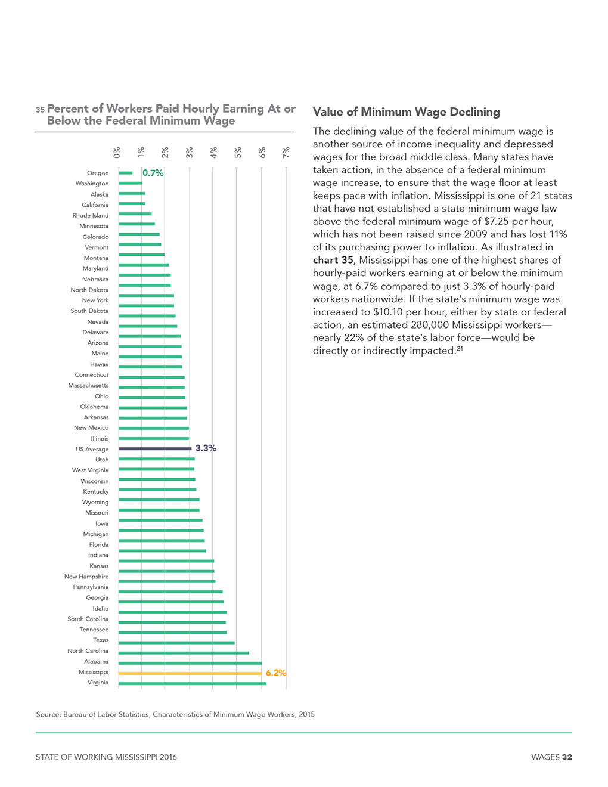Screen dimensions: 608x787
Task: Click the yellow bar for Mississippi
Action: (190, 673)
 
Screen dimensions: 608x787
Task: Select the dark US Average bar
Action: (155, 449)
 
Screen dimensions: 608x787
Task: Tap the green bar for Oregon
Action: (126, 173)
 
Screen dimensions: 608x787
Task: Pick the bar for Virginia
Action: (193, 684)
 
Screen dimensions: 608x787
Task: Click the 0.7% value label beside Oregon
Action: (153, 173)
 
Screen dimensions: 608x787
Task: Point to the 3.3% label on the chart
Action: (206, 448)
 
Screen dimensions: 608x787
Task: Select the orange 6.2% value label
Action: (276, 673)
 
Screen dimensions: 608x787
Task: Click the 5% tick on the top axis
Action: (238, 153)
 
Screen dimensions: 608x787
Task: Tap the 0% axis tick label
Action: (116, 153)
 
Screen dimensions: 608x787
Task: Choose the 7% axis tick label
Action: (286, 153)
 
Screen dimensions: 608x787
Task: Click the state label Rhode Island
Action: (90, 215)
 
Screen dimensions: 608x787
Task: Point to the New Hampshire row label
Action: (86, 577)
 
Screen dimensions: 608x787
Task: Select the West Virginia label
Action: (90, 470)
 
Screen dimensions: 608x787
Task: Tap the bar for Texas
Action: (176, 643)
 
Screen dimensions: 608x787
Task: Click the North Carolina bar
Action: (184, 653)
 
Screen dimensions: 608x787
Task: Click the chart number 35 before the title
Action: (40, 109)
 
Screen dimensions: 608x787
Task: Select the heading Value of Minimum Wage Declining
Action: (407, 112)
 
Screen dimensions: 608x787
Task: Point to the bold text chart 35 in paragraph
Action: (333, 260)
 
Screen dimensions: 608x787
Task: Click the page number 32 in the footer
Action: (567, 757)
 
